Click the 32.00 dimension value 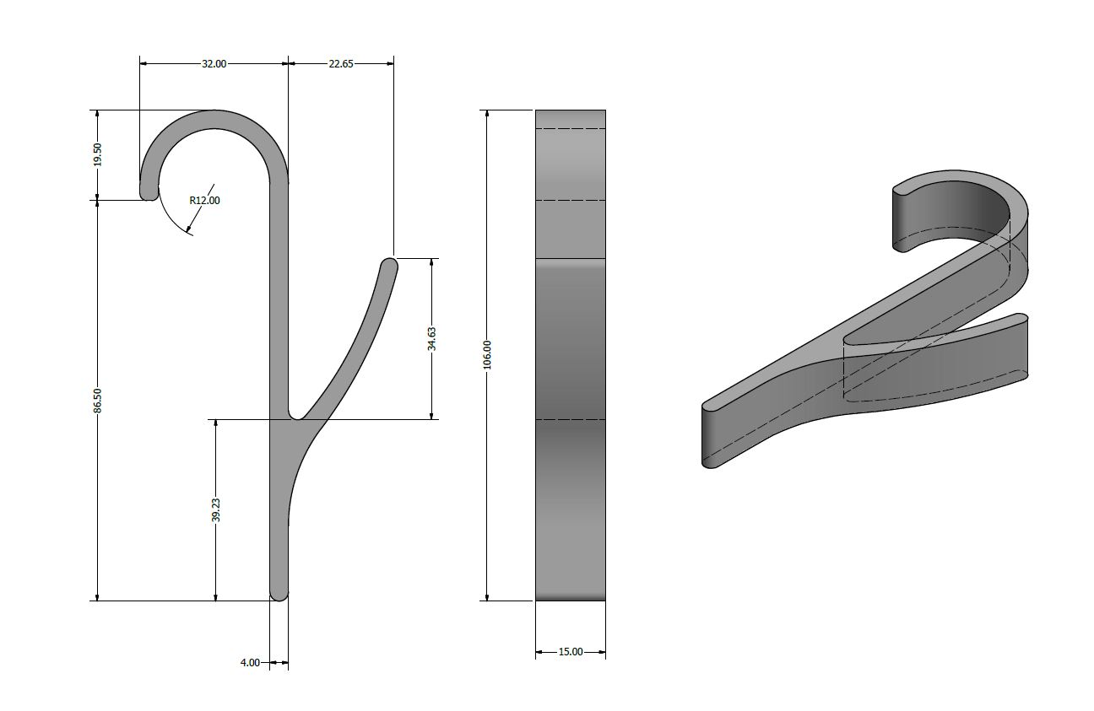click(214, 64)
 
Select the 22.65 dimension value click(341, 64)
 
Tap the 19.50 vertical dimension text click(98, 154)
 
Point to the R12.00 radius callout click(204, 201)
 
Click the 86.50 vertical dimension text click(98, 401)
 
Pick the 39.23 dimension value click(216, 510)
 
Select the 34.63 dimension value click(431, 339)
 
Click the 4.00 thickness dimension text click(250, 663)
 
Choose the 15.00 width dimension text click(571, 652)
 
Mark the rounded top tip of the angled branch click(389, 265)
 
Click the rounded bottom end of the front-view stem click(279, 595)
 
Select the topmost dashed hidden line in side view click(571, 129)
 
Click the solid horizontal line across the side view click(571, 258)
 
